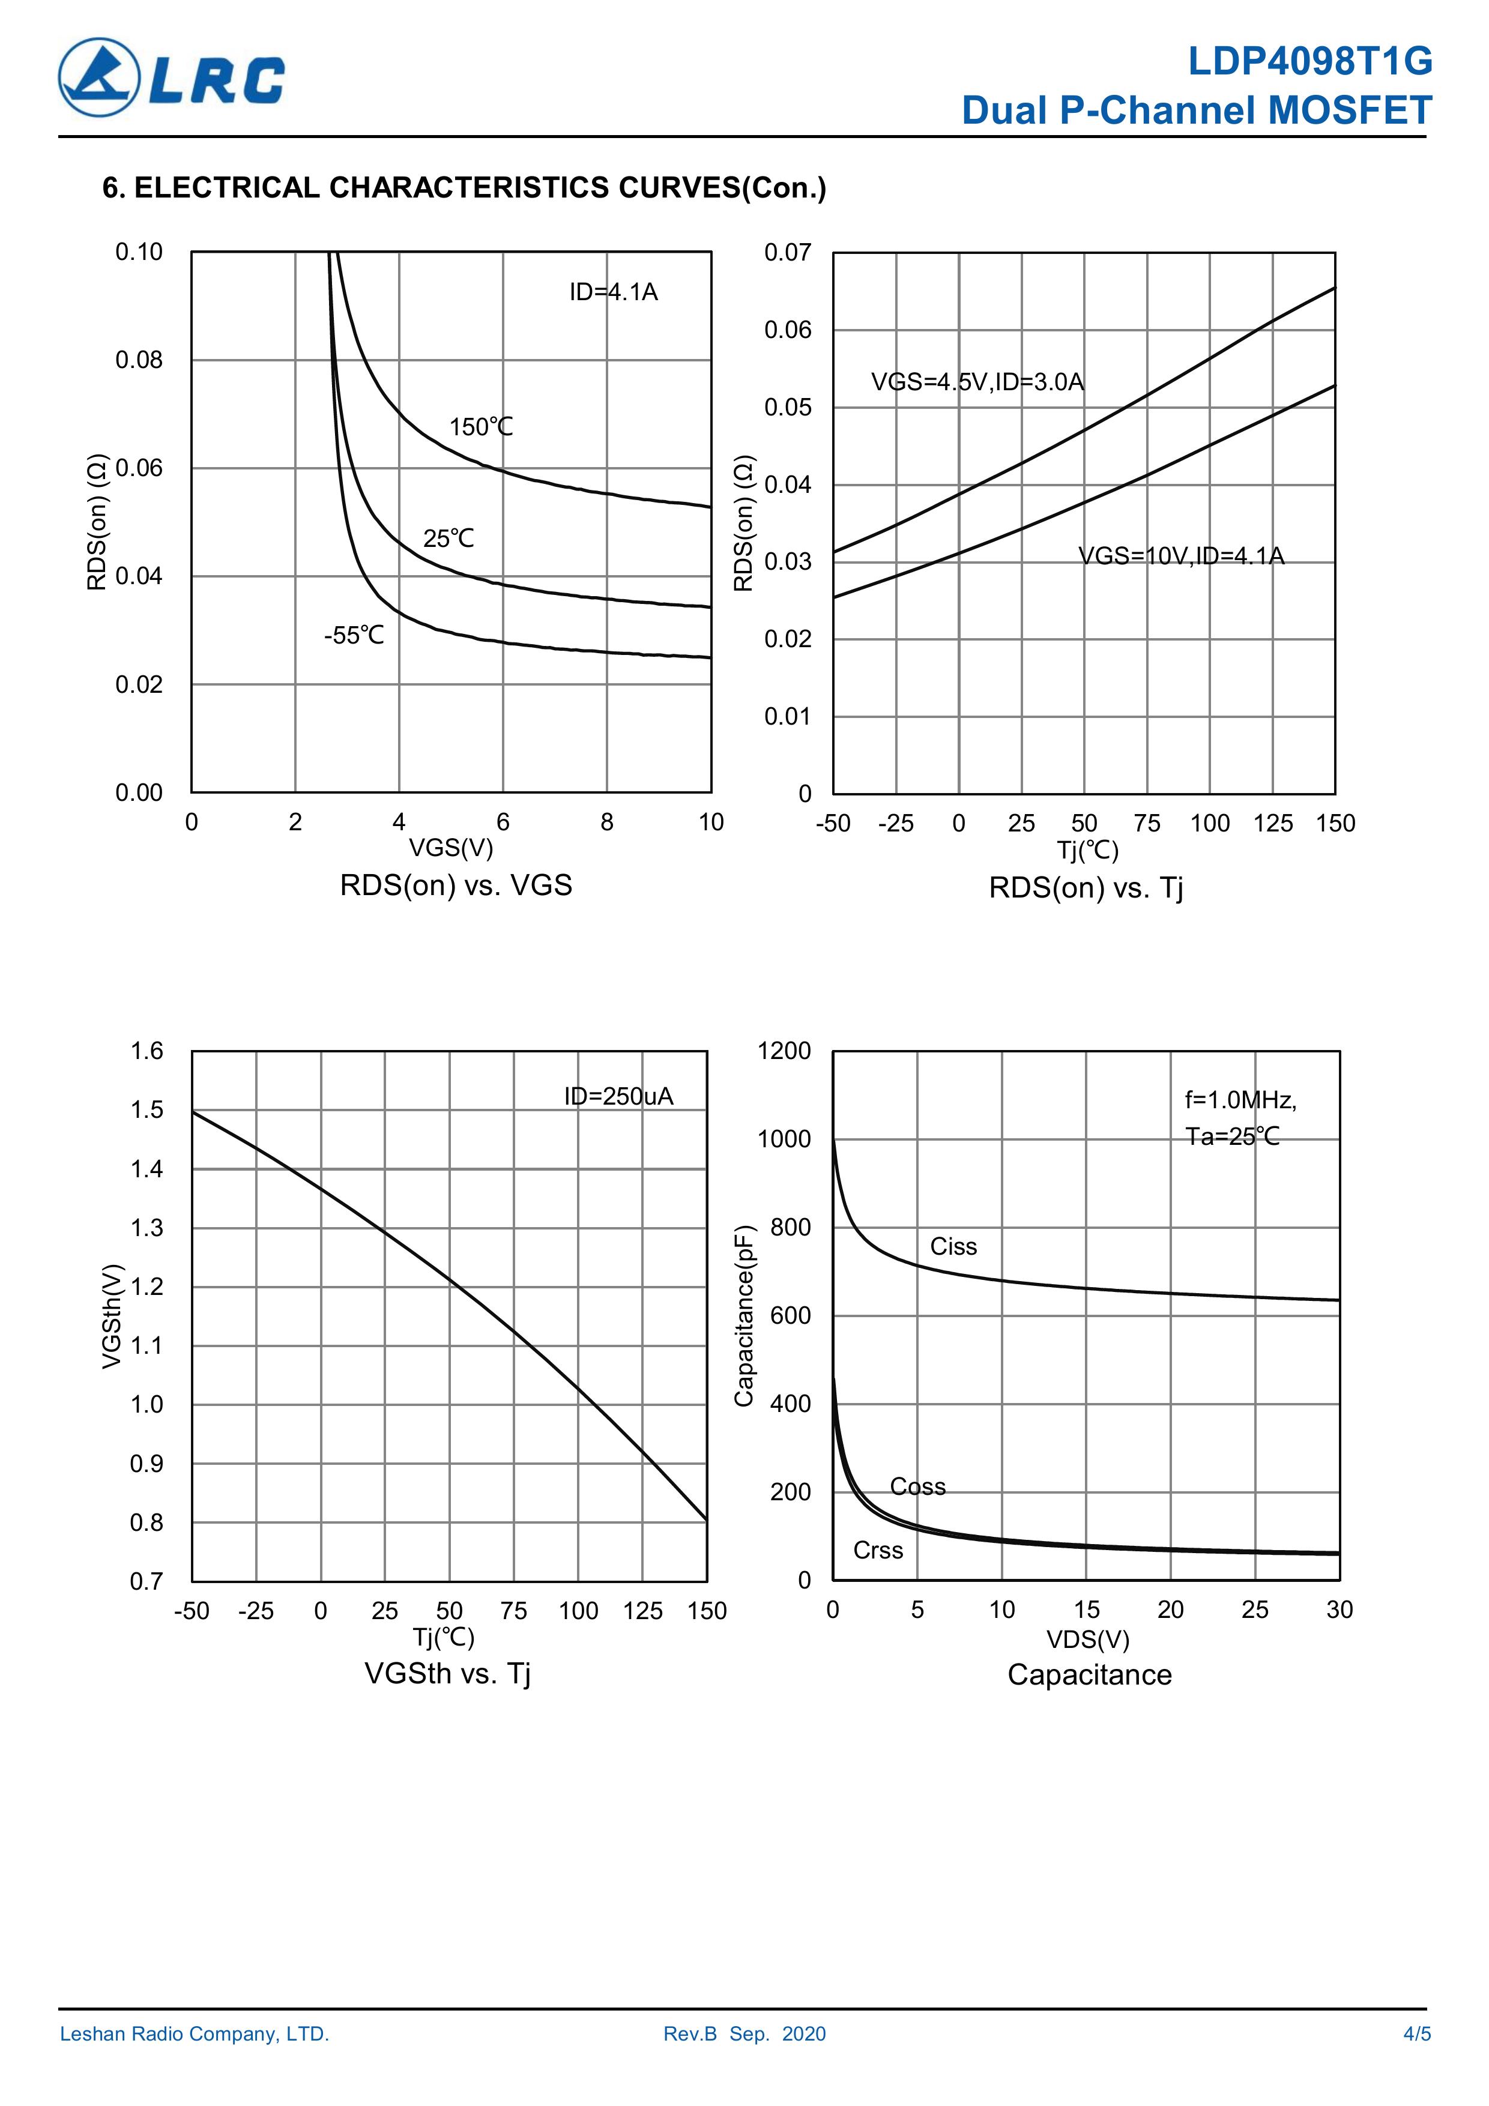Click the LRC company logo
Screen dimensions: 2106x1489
(x=172, y=78)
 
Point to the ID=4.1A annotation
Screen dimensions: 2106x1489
(x=613, y=292)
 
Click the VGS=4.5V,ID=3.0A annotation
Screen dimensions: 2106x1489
(x=977, y=382)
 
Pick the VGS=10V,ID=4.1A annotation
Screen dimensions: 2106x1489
(x=1181, y=556)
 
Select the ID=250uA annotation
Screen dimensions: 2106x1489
(x=618, y=1096)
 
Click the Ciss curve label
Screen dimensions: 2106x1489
(x=953, y=1246)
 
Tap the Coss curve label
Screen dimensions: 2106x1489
(x=917, y=1487)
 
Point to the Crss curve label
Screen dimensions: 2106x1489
(x=878, y=1550)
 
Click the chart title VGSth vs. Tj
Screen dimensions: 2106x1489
(x=448, y=1673)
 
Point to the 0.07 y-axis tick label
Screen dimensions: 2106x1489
(x=787, y=252)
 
